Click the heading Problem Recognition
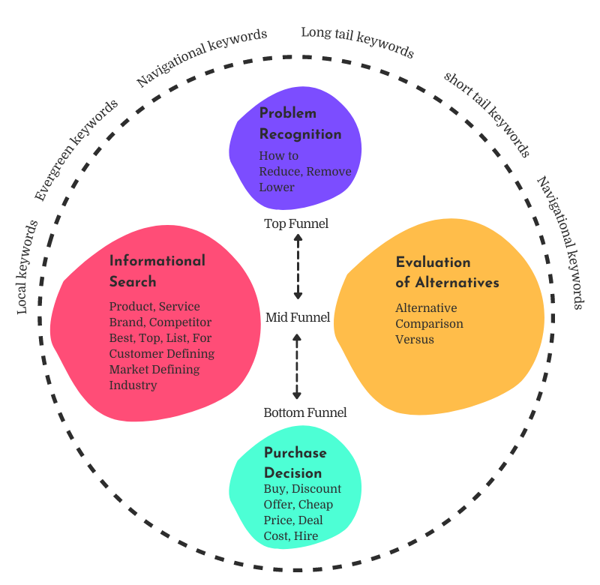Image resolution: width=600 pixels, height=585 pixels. pyautogui.click(x=300, y=124)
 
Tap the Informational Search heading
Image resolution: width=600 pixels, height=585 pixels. pyautogui.click(x=157, y=271)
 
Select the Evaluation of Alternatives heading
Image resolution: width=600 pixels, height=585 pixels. pyautogui.click(x=447, y=272)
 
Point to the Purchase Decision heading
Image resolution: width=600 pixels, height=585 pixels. pyautogui.click(x=295, y=463)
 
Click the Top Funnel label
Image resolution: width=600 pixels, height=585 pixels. pyautogui.click(x=296, y=223)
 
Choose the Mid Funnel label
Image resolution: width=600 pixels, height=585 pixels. pyautogui.click(x=298, y=317)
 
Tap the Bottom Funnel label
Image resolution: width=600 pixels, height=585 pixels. pyautogui.click(x=305, y=412)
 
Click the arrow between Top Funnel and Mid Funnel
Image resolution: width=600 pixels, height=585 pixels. pyautogui.click(x=298, y=266)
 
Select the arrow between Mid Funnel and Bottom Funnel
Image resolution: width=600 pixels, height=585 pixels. pyautogui.click(x=297, y=366)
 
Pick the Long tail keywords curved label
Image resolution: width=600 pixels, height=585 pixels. pyautogui.click(x=357, y=42)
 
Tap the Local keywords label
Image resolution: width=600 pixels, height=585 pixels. pyautogui.click(x=27, y=266)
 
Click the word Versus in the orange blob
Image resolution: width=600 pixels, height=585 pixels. pyautogui.click(x=415, y=340)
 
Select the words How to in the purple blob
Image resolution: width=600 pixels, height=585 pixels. pyautogui.click(x=279, y=156)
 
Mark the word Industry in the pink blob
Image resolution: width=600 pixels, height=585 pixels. pyautogui.click(x=133, y=385)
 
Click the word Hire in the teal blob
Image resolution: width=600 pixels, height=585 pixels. pyautogui.click(x=306, y=536)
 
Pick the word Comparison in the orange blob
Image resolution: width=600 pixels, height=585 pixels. pyautogui.click(x=429, y=324)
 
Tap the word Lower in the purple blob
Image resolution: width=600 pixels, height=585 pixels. pyautogui.click(x=277, y=187)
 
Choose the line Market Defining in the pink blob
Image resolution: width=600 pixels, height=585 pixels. pyautogui.click(x=154, y=370)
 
